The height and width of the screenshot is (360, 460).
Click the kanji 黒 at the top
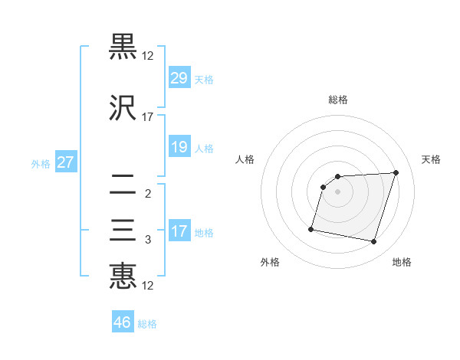tap(123, 47)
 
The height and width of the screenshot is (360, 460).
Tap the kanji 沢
tap(123, 108)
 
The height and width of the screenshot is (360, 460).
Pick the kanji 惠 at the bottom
tap(123, 277)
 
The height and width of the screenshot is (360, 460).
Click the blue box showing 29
tap(179, 77)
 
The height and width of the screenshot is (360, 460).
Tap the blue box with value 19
tap(179, 147)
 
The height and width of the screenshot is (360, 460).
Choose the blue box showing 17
tap(179, 231)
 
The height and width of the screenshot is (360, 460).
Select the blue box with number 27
tap(66, 162)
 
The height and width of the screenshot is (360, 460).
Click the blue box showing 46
tap(123, 322)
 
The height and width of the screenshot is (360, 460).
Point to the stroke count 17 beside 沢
tap(148, 117)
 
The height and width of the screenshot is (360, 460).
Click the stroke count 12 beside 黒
tap(148, 56)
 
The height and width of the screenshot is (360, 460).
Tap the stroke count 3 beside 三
tap(148, 240)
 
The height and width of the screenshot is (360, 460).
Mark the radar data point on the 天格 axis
tap(396, 172)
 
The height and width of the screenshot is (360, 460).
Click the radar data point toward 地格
tap(373, 242)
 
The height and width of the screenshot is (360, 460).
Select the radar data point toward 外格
tap(311, 229)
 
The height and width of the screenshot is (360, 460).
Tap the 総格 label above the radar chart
tap(338, 100)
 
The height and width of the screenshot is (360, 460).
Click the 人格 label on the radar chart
tap(245, 159)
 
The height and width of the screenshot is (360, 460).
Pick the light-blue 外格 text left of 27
tap(41, 163)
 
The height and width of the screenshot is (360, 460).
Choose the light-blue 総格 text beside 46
tap(147, 324)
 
